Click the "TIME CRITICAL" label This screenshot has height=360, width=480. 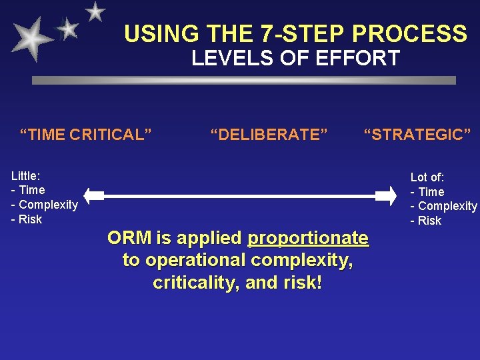[x=86, y=135]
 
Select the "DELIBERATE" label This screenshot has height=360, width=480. [x=269, y=135]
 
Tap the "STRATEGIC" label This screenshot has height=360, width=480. [x=417, y=135]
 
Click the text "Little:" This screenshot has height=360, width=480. [x=26, y=176]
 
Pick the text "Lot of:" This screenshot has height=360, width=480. [x=427, y=177]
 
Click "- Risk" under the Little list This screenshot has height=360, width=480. [x=27, y=219]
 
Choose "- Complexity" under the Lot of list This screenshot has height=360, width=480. [x=443, y=207]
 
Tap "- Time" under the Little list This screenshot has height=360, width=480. [x=28, y=190]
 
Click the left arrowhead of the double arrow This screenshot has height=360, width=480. [x=95, y=195]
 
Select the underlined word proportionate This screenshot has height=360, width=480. [x=307, y=238]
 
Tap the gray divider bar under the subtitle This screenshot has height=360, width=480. [x=244, y=80]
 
